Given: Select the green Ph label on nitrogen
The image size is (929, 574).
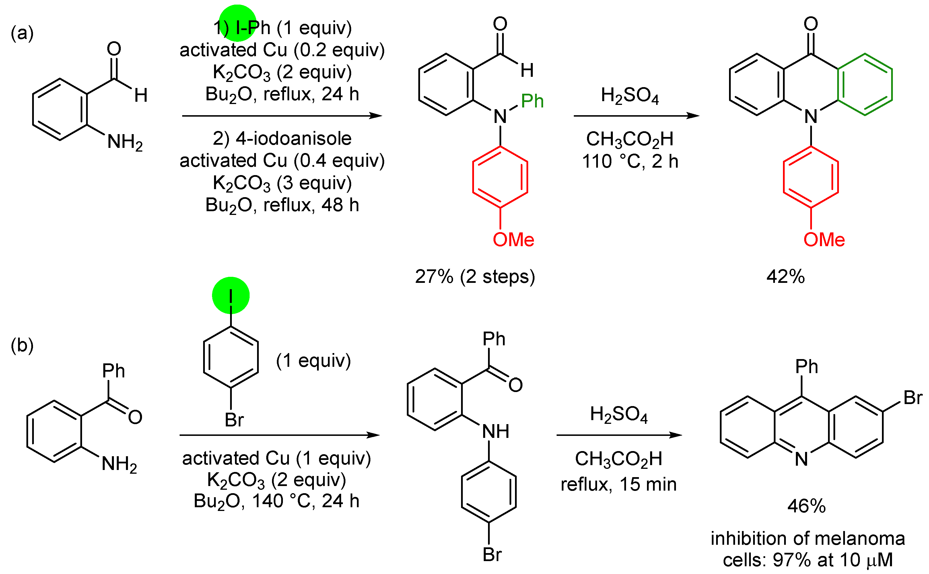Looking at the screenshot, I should pos(532,101).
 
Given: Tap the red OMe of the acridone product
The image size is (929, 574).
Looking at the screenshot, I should pos(824,240).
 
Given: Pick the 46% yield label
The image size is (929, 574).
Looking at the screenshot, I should pos(806,506).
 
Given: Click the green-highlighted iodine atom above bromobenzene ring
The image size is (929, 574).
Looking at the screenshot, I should pos(231,295).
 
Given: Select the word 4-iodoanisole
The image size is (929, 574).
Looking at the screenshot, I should pos(293,138).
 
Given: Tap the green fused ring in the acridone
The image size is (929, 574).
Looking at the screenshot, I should pos(865,84).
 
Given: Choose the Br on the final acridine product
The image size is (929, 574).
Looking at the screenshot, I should pos(913,397).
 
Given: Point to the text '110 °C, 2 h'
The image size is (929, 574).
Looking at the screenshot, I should pos(630,161).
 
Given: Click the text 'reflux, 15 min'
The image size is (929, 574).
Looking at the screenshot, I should pos(619,484).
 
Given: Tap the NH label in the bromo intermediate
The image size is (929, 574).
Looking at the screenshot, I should pos(495,431).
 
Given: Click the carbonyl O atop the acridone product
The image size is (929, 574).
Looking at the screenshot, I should pos(811,23).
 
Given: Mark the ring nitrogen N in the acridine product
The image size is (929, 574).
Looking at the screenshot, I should pos(801,459).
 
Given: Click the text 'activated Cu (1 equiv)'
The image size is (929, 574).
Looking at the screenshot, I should pos(276,458).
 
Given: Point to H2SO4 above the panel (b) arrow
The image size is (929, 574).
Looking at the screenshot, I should pos(619,414).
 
